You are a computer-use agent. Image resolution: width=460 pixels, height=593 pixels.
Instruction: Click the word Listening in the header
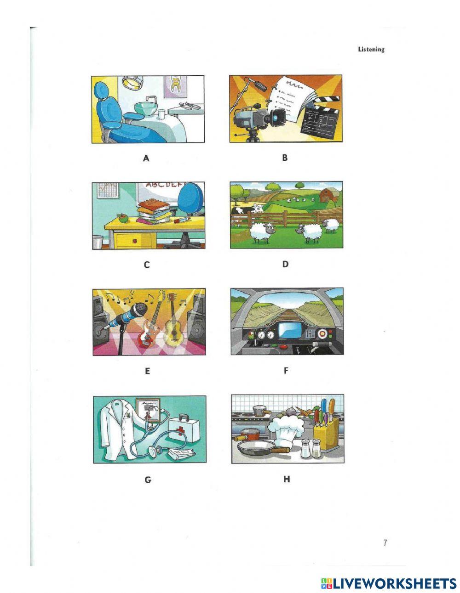click(371, 49)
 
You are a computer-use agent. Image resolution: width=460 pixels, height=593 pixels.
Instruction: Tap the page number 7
click(385, 543)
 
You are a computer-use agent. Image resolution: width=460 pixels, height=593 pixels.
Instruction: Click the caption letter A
click(146, 158)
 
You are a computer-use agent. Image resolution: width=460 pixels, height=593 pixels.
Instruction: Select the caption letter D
click(285, 264)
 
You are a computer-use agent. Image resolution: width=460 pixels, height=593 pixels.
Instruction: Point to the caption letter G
click(148, 480)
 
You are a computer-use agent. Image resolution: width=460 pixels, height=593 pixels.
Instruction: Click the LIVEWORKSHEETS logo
click(389, 583)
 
